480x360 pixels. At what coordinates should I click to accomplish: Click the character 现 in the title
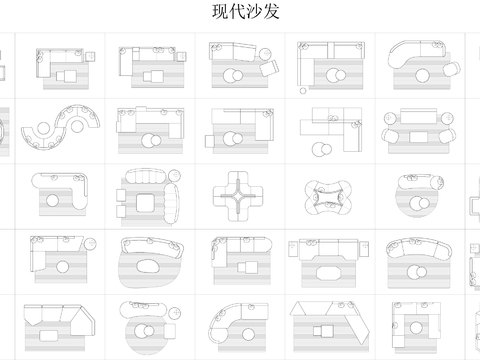coord(220,13)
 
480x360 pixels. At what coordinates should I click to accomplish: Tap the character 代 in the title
coord(234,13)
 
